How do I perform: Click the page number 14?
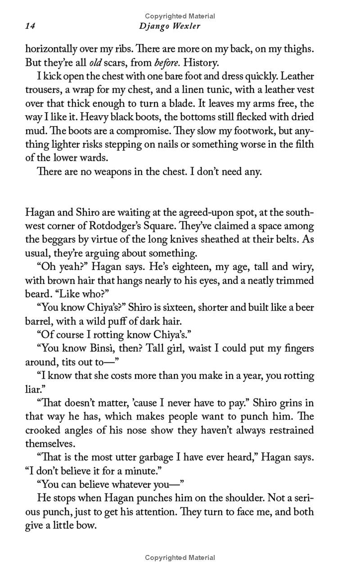tap(30, 27)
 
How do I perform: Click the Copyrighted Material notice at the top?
tap(180, 16)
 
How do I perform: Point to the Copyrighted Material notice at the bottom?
tap(180, 558)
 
